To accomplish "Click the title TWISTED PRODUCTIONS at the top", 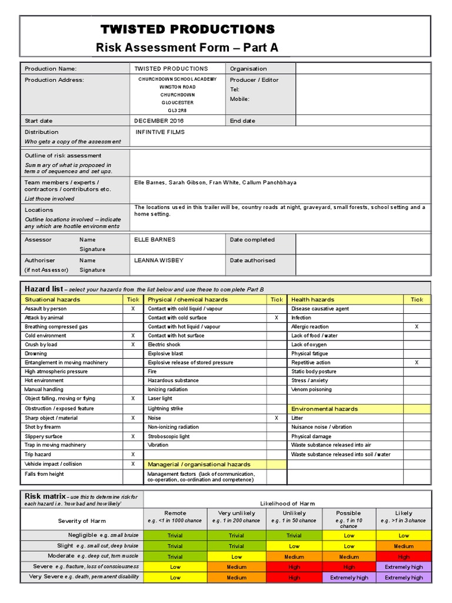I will (187, 29).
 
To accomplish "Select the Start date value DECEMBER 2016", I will (159, 121).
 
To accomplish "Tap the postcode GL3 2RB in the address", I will (177, 110).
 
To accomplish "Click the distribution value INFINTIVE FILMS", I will (160, 132).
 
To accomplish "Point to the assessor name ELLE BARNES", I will (155, 240).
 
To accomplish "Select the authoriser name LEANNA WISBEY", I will (158, 260).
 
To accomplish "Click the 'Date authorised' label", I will (252, 260).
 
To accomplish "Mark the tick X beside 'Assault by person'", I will (133, 309).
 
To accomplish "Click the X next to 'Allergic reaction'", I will (417, 326).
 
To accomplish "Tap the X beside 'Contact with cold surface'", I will (277, 317).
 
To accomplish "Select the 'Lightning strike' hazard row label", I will (165, 408).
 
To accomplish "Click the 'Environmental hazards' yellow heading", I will (325, 409).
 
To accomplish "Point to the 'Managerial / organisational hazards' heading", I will (199, 464).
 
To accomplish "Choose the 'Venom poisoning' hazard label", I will (311, 389).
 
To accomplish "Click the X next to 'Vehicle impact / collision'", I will (133, 464).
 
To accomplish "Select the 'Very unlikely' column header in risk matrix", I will (236, 513).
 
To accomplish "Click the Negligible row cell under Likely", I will (404, 536).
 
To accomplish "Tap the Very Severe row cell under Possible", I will (349, 578).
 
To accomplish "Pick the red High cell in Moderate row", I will (404, 556).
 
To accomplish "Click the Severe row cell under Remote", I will (175, 567).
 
